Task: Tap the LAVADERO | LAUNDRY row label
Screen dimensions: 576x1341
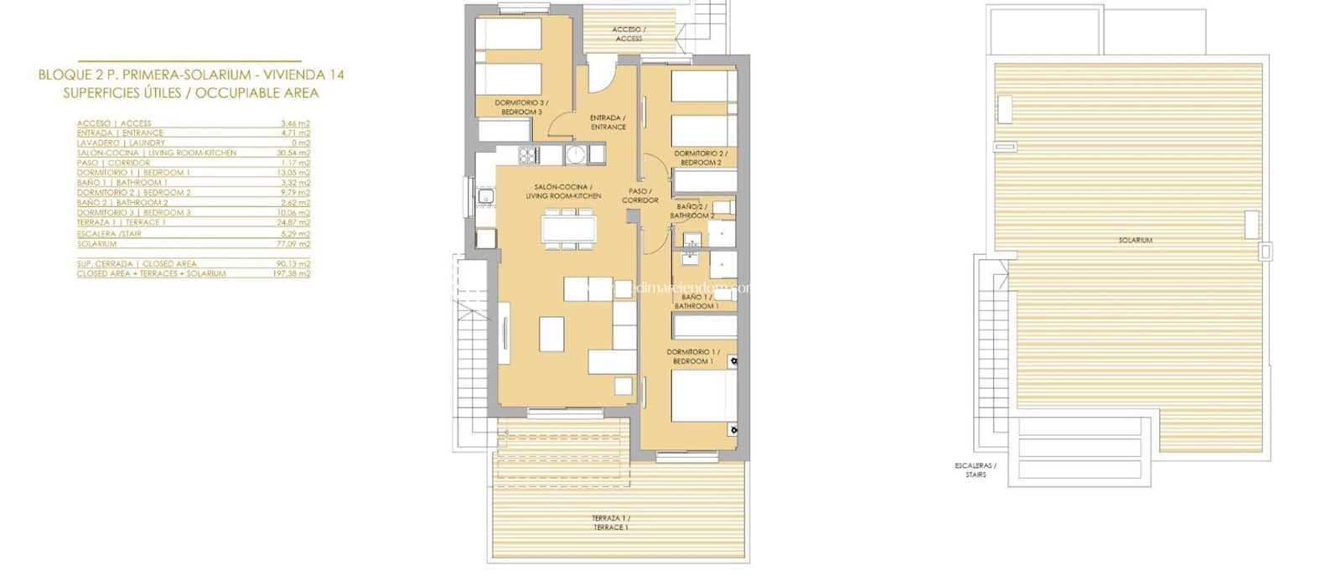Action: tap(121, 143)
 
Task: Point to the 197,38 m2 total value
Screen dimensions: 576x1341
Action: tap(294, 273)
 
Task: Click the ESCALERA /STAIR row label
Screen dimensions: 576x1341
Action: tap(108, 234)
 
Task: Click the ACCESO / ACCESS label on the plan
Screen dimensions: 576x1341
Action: tap(629, 34)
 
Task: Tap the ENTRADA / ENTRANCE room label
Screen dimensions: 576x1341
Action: tap(608, 122)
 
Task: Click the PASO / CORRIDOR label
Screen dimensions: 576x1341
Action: tap(639, 195)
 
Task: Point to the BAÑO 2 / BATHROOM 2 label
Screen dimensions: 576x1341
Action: tap(692, 210)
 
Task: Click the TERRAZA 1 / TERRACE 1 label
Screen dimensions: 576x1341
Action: tap(610, 523)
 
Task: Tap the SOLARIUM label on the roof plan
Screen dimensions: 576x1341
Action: tap(1135, 241)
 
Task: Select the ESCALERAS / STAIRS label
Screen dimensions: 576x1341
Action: tap(975, 470)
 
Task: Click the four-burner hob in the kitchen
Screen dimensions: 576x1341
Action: tap(529, 154)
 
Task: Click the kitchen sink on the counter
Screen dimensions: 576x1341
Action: tap(486, 198)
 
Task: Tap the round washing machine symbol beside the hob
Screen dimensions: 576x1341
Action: tap(575, 154)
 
